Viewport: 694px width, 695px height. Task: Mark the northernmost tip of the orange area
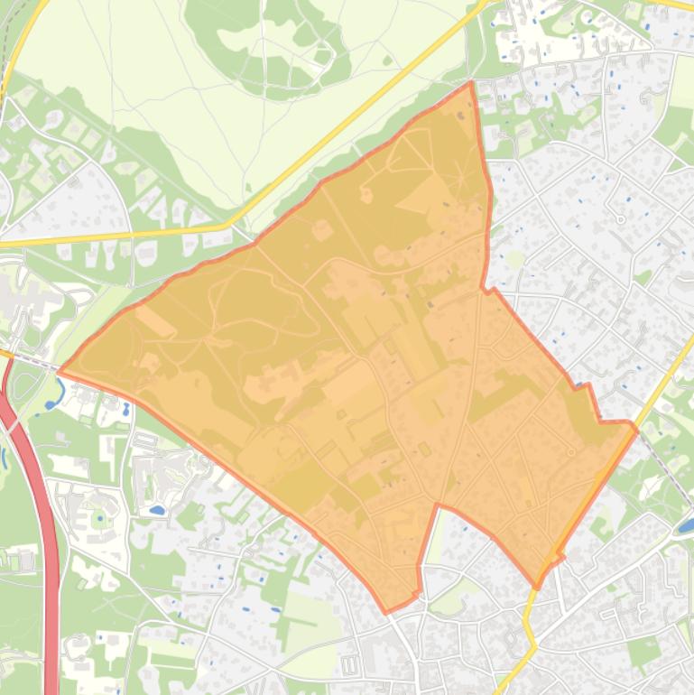click(x=471, y=83)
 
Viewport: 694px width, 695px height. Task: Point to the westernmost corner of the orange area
click(x=60, y=371)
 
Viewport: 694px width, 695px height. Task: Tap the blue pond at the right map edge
click(x=687, y=524)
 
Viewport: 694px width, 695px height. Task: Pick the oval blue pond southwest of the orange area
click(x=156, y=510)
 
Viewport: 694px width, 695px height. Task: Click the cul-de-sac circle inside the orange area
click(x=570, y=451)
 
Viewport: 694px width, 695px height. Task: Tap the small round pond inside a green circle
click(x=97, y=522)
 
